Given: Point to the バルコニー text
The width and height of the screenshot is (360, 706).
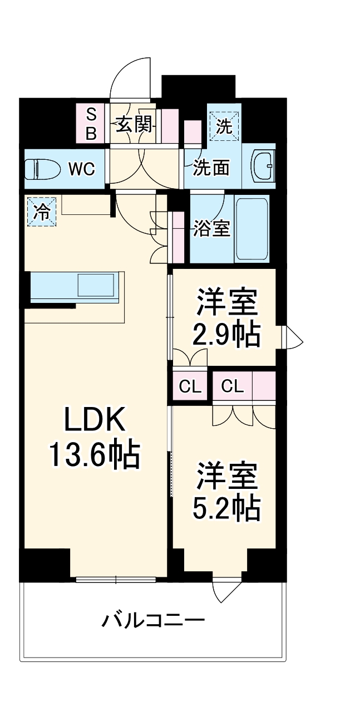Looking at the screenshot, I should click(153, 619).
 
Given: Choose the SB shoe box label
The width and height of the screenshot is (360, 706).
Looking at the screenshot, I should click(91, 124).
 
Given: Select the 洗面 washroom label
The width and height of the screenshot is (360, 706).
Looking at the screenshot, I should click(211, 168).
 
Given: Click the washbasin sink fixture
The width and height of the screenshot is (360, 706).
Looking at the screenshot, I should click(263, 166).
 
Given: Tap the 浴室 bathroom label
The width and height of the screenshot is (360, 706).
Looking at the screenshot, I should click(211, 228).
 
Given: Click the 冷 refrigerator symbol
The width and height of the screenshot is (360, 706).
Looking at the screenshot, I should click(42, 212).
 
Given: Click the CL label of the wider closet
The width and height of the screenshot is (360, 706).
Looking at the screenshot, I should click(232, 385).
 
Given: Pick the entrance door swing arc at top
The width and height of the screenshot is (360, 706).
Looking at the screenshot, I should click(130, 78).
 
